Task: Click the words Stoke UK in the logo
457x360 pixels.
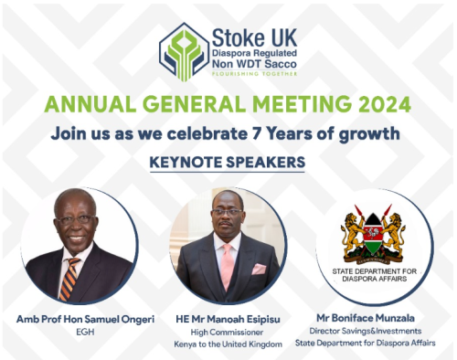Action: (250, 37)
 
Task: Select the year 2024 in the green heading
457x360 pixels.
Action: (345, 105)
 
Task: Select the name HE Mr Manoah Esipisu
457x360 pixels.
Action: (228, 318)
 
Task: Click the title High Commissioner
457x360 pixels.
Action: (228, 332)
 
